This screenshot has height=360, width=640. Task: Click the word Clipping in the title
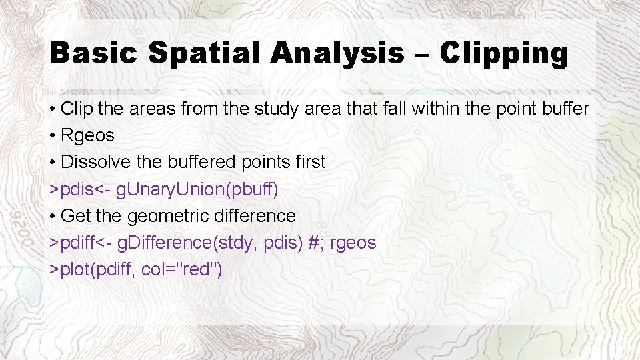point(504,53)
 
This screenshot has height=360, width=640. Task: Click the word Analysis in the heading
point(337,53)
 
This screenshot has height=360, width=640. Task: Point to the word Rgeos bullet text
point(87,135)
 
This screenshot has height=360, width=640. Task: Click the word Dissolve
point(92,162)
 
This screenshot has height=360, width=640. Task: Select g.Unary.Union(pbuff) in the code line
point(197,189)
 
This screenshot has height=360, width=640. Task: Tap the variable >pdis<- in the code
point(80,189)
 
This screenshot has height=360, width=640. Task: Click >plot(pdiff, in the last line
point(93,269)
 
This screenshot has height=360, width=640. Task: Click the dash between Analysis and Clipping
point(423,55)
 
